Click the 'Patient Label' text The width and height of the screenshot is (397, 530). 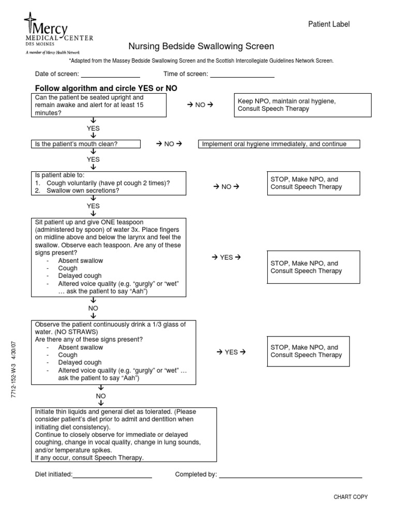[x=329, y=24]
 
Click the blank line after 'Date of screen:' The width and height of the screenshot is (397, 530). [x=110, y=76]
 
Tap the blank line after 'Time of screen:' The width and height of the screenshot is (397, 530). [x=241, y=76]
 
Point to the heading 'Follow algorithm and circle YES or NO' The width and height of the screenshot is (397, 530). [x=106, y=89]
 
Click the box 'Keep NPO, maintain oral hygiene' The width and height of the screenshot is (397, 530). [x=302, y=105]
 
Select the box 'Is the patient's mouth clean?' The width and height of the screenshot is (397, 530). [x=87, y=144]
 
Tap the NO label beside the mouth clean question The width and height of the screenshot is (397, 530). [x=169, y=144]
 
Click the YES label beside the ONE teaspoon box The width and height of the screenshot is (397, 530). [x=226, y=257]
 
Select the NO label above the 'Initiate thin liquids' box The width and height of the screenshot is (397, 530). [x=100, y=395]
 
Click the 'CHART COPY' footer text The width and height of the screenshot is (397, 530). [x=350, y=497]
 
